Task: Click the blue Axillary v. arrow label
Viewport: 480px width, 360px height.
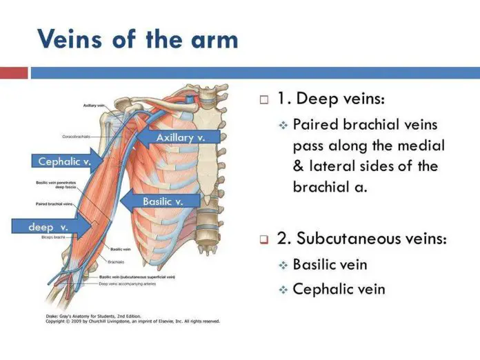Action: pos(181,138)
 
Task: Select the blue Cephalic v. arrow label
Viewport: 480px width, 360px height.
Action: pos(63,161)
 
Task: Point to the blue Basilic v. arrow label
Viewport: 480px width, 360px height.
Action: pos(163,201)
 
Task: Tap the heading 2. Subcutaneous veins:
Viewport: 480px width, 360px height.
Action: pos(361,239)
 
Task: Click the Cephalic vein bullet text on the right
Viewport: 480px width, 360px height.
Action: pos(339,289)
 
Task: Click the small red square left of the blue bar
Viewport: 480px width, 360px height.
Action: pos(14,72)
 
